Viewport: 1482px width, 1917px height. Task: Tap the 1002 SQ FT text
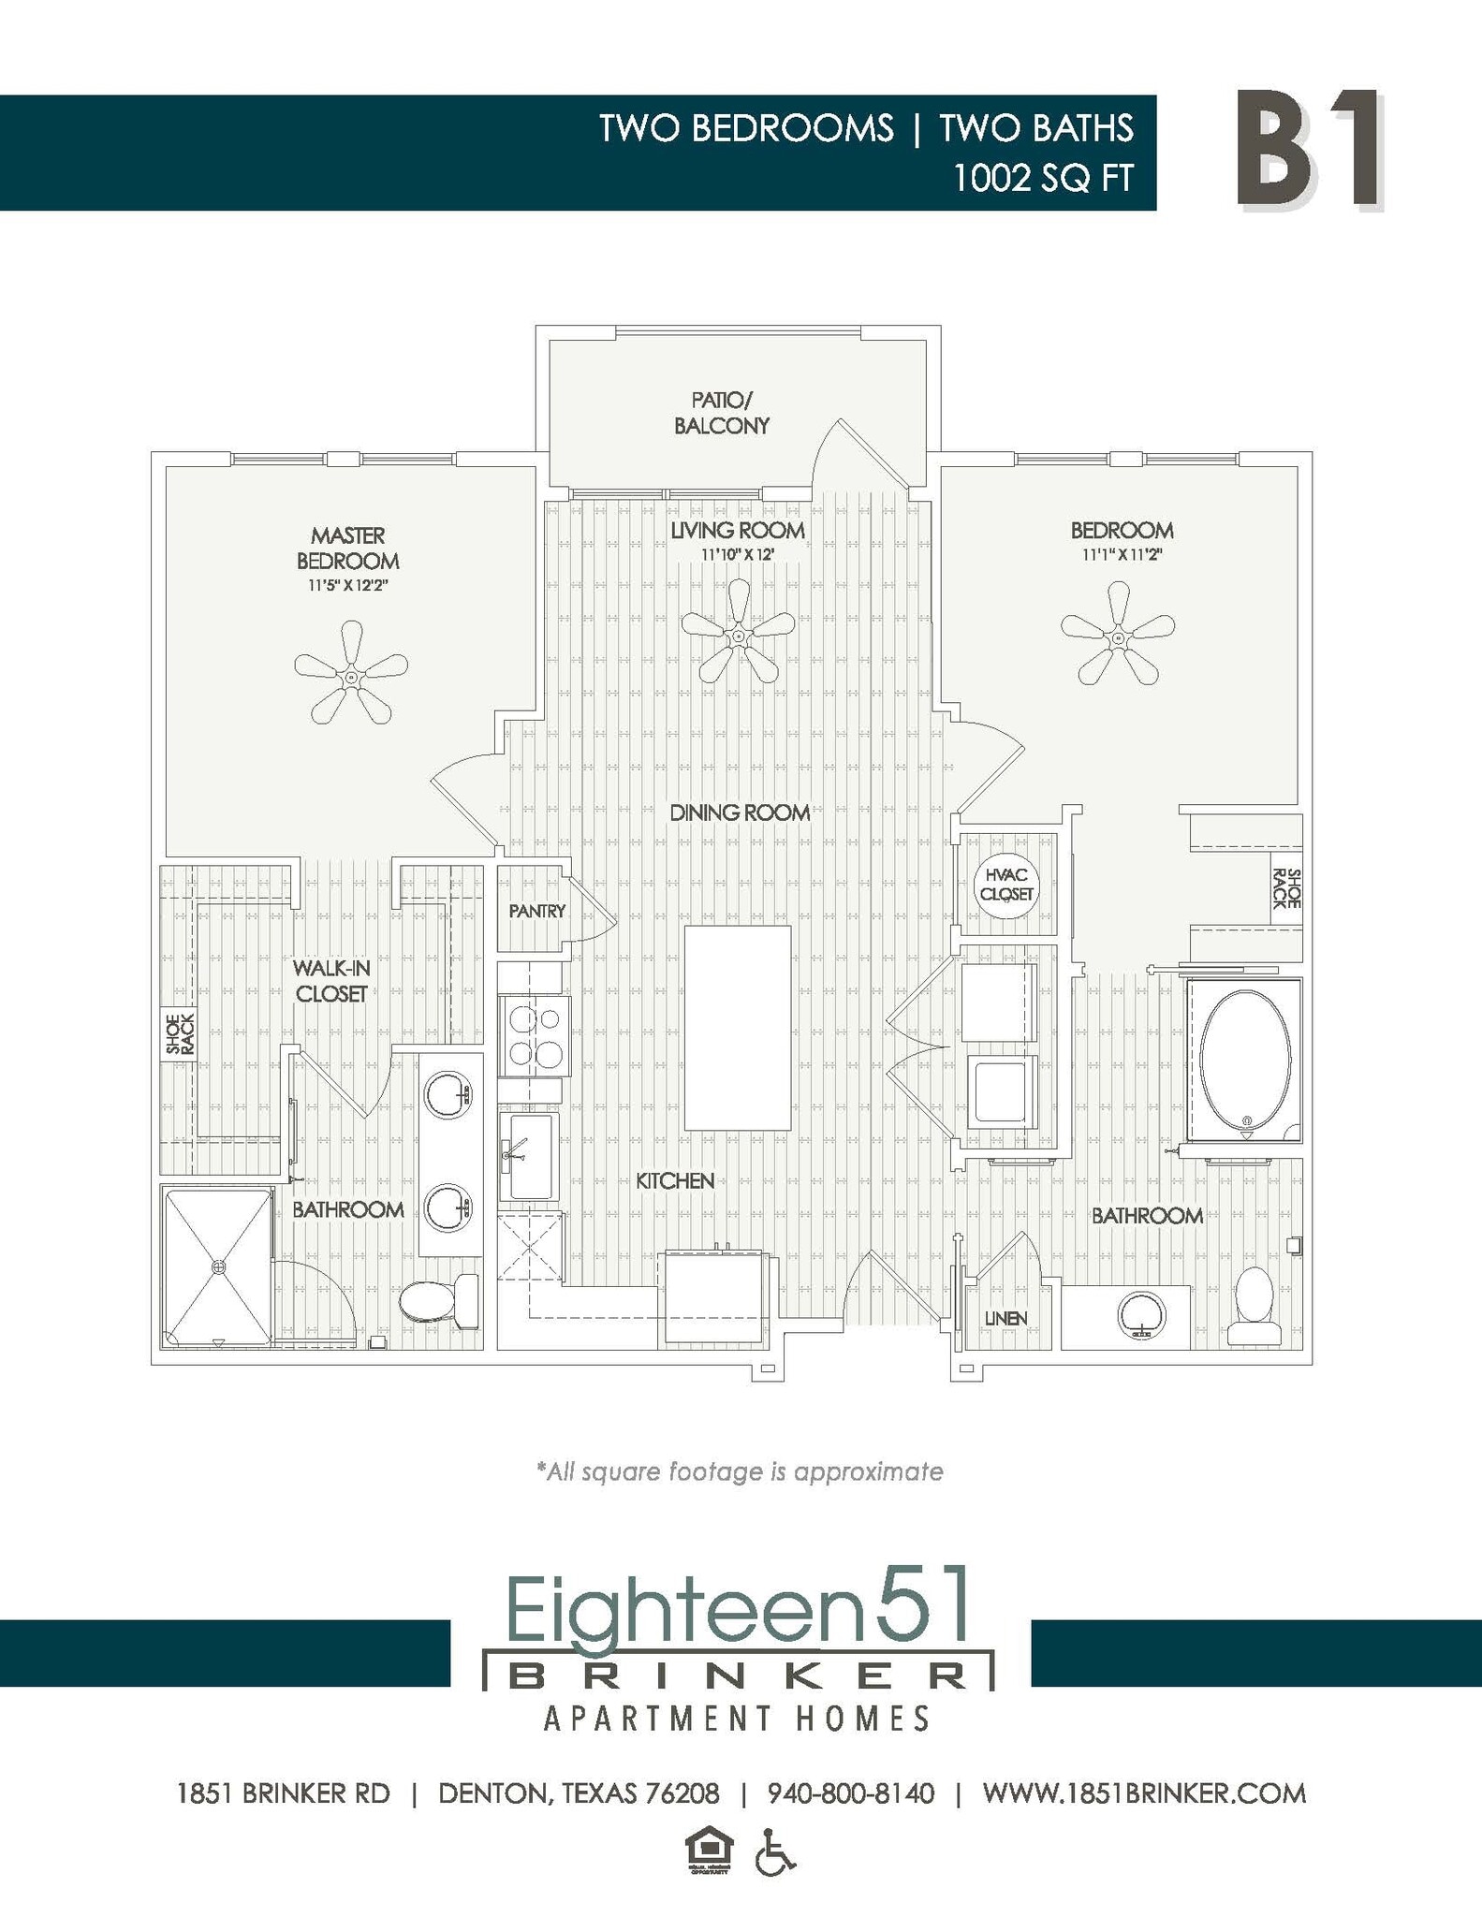point(1042,178)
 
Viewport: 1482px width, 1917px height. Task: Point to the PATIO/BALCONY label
point(722,413)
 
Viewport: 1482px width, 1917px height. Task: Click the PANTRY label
point(537,911)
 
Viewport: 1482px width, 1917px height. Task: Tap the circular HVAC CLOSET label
point(1005,885)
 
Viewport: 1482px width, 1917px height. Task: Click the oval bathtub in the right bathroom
point(1245,1060)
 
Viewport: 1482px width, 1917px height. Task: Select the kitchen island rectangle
point(738,1028)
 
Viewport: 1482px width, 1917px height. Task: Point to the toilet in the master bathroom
point(437,1300)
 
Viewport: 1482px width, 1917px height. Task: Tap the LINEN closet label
point(1005,1318)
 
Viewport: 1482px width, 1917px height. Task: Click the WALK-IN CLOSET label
point(331,981)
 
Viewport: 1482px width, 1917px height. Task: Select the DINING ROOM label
point(740,812)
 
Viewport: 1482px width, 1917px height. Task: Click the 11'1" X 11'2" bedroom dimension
point(1122,554)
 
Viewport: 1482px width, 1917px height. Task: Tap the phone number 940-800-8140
point(850,1793)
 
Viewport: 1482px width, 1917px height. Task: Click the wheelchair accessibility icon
point(775,1852)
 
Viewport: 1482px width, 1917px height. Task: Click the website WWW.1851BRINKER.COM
point(1144,1793)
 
